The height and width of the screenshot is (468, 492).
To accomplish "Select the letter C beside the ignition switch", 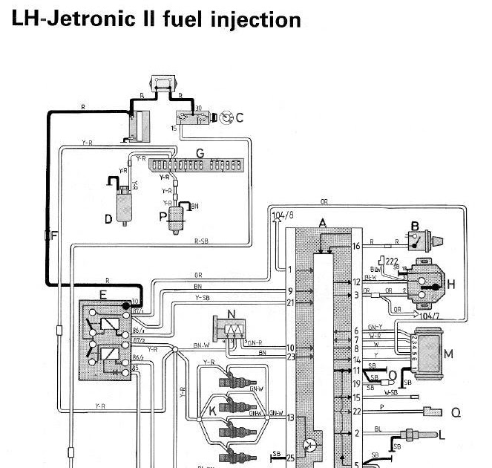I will click(x=240, y=116).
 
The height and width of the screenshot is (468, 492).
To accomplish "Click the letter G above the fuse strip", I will click(x=200, y=153).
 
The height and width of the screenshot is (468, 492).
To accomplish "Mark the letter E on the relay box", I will click(x=102, y=294).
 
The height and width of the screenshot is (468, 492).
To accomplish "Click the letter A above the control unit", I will click(x=321, y=223).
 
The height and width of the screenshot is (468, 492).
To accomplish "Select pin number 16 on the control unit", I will click(x=356, y=246).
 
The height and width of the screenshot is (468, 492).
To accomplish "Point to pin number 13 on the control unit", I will click(x=290, y=418).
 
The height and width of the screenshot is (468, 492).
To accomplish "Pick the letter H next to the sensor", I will click(x=450, y=285).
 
